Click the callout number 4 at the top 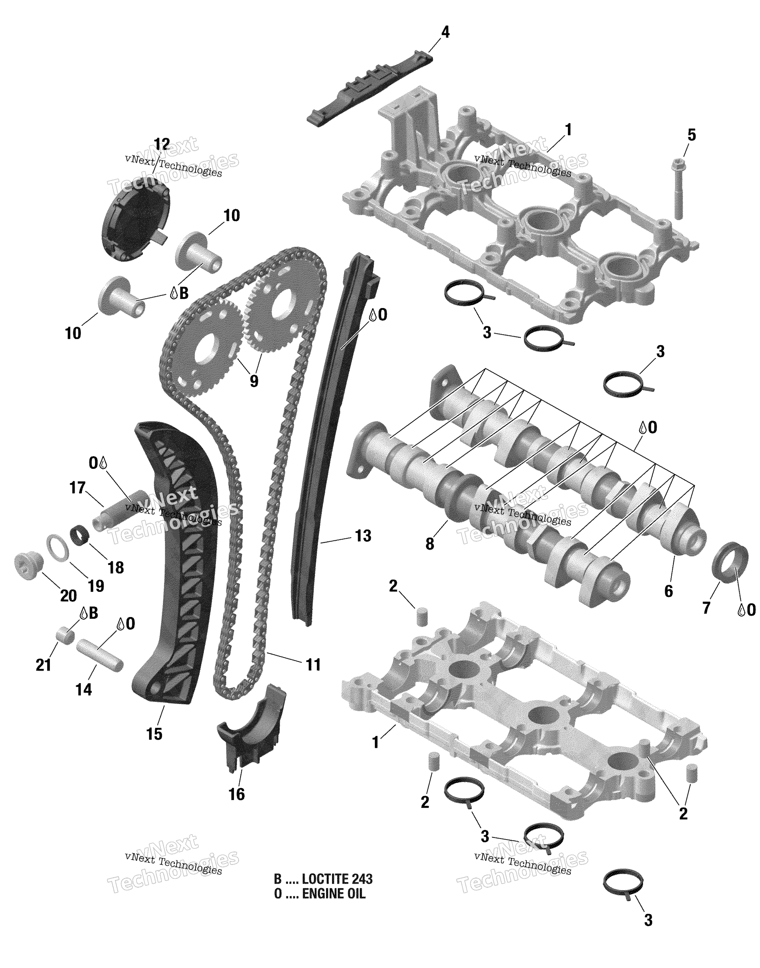coord(445,32)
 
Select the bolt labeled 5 coord(678,189)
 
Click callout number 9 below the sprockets coord(254,380)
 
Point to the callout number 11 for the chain coord(313,677)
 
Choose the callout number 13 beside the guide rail coord(363,536)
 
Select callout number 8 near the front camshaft coord(429,544)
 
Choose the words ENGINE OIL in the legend coord(333,894)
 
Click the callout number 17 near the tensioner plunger coord(77,488)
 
